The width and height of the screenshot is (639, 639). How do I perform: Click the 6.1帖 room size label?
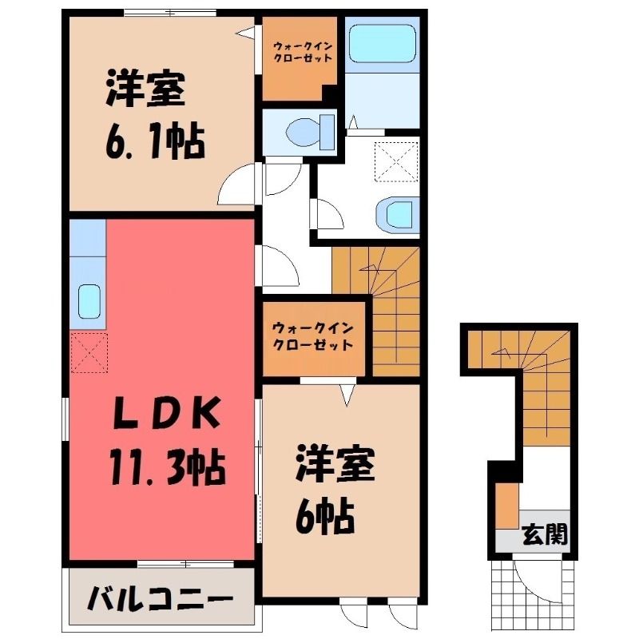click(x=155, y=140)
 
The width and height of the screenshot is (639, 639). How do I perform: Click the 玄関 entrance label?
click(x=545, y=533)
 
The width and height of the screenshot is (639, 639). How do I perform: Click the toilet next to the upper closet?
click(x=310, y=132)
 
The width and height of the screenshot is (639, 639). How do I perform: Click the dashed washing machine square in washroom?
click(x=396, y=161)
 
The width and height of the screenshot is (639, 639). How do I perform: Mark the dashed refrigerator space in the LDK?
click(x=89, y=352)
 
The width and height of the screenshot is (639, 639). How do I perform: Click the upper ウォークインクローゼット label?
click(x=302, y=51)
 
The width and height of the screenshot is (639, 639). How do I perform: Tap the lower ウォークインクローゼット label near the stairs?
click(x=312, y=336)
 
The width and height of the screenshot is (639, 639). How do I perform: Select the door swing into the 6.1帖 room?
click(x=237, y=185)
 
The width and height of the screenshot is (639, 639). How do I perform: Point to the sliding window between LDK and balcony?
click(x=185, y=564)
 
